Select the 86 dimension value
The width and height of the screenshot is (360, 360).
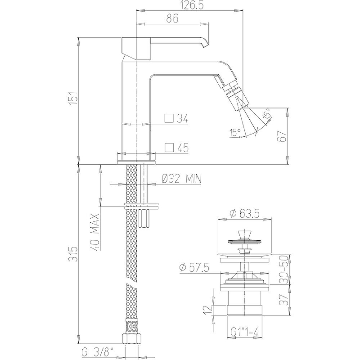(x=172, y=19)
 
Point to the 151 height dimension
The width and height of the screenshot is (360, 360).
(x=74, y=98)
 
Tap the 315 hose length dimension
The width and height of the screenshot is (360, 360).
(x=74, y=254)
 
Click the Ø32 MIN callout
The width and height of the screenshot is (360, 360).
(x=182, y=178)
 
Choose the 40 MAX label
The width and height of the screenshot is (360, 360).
(x=95, y=232)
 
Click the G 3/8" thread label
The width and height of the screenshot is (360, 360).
(x=98, y=352)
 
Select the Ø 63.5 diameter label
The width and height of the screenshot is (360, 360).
(x=244, y=214)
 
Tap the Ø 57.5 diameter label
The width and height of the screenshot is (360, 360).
(x=194, y=267)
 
